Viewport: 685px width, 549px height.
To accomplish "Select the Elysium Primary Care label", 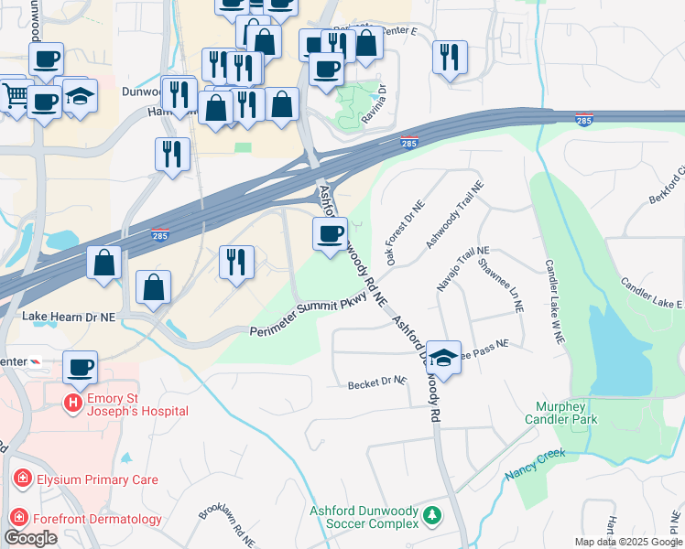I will point(97,479).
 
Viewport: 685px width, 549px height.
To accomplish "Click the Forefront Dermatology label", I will point(99,519).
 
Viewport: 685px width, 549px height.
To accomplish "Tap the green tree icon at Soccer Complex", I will point(431,518).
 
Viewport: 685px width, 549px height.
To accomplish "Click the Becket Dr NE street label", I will point(376,384).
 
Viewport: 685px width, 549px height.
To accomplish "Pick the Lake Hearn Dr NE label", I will point(68,316).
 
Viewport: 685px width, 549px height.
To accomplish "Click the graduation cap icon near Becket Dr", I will point(444,358).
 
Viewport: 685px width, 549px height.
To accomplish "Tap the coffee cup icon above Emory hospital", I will point(81,367).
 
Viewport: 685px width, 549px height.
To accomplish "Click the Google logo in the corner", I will point(30,538).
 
